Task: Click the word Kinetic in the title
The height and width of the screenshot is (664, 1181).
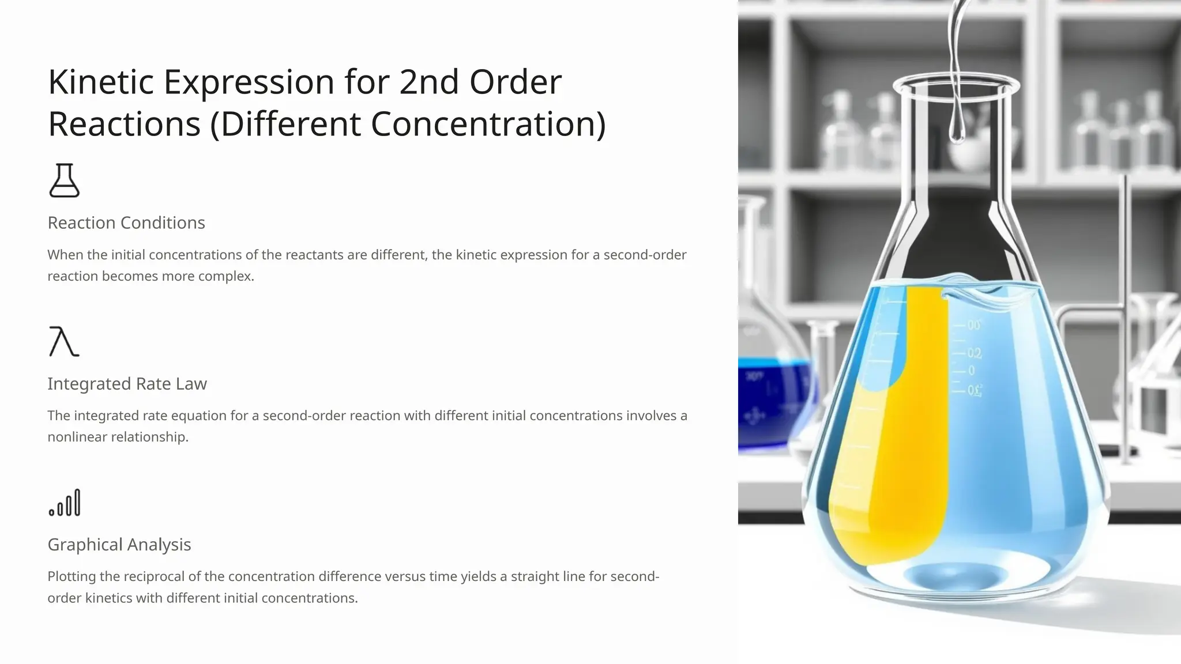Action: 101,82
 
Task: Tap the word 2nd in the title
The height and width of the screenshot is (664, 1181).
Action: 429,82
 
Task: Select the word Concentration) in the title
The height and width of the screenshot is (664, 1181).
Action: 488,124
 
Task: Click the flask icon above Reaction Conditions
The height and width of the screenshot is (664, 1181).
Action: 64,180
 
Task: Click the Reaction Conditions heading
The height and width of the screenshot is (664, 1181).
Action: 126,223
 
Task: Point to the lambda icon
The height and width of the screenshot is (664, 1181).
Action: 63,341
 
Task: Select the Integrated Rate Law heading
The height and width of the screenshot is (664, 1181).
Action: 127,384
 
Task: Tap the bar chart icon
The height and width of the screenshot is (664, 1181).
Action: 65,503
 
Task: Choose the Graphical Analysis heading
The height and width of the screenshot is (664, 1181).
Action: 119,545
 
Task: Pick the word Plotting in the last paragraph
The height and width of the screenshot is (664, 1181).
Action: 72,576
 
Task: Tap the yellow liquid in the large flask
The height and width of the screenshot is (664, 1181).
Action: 900,461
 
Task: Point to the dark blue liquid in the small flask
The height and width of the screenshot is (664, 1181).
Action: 773,398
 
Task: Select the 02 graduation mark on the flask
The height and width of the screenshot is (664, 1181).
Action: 974,353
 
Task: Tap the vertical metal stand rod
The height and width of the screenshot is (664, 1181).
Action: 1123,317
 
